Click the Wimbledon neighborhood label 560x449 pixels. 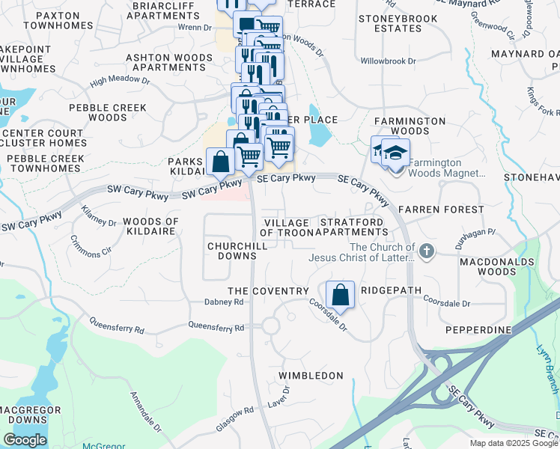point(311,375)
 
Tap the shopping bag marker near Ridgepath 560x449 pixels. point(341,294)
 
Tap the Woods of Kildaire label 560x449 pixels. point(150,227)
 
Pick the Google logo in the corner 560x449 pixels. point(25,440)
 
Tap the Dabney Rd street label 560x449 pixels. point(224,302)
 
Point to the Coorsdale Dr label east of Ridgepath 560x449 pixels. point(446,303)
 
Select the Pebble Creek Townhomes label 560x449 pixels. point(43,163)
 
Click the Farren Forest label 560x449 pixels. point(431,210)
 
